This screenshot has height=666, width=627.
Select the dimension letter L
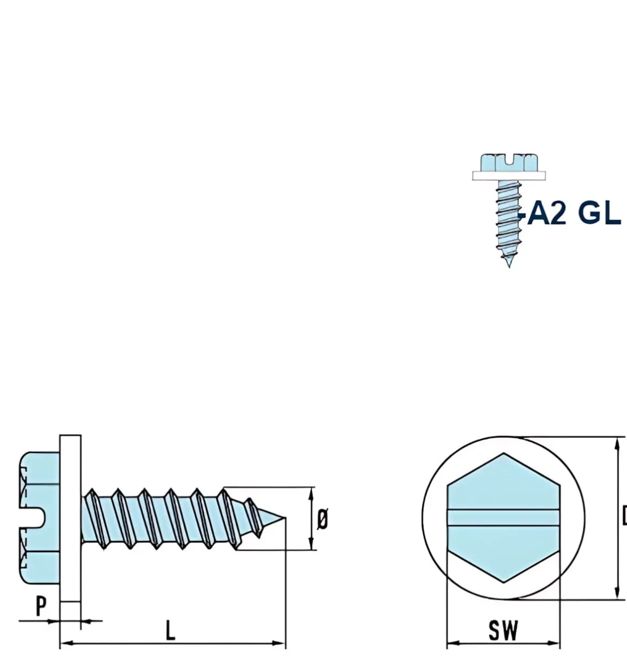pyautogui.click(x=170, y=631)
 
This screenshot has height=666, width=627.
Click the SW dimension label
pyautogui.click(x=503, y=630)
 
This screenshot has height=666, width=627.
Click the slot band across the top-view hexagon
pyautogui.click(x=503, y=517)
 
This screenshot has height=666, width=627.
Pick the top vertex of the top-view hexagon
pyautogui.click(x=504, y=453)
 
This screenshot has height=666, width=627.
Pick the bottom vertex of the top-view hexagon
pyautogui.click(x=504, y=582)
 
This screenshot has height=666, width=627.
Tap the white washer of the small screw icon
pyautogui.click(x=509, y=176)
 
